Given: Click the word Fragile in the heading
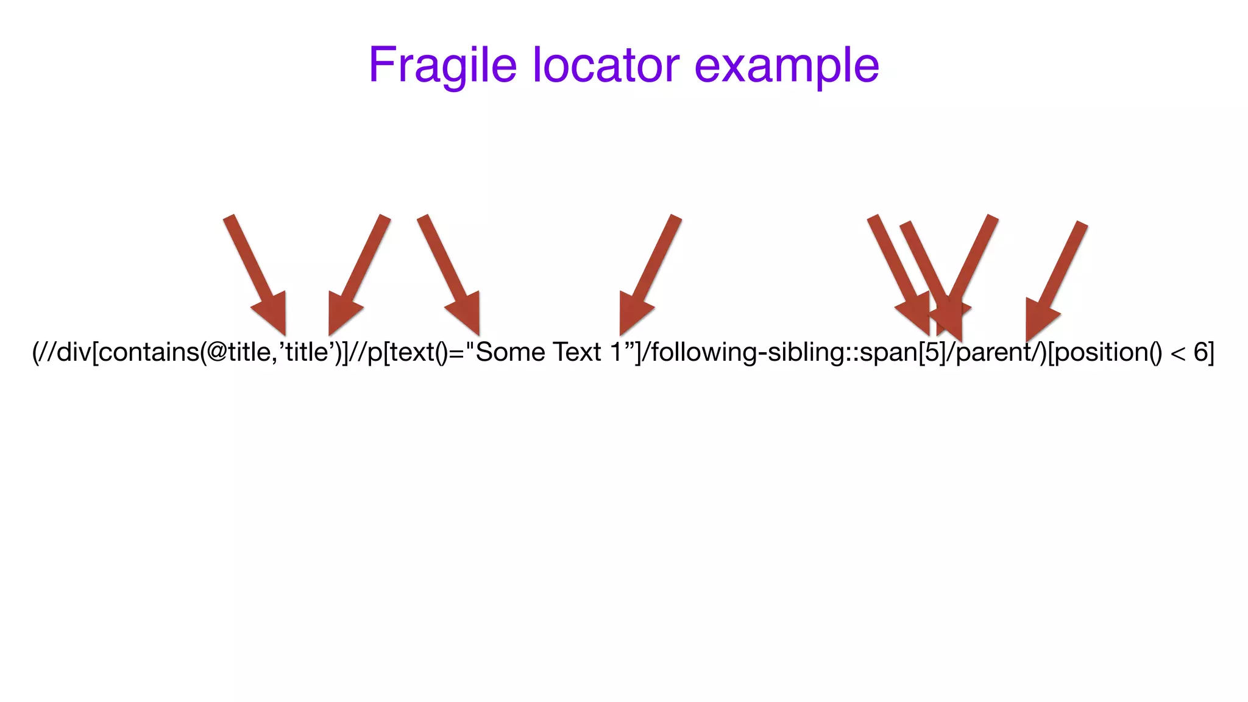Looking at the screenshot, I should (x=442, y=66).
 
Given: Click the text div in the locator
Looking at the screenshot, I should (x=73, y=352).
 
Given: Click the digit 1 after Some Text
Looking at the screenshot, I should (x=616, y=352).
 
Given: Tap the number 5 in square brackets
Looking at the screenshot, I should (x=932, y=352).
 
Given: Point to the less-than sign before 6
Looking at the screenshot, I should (x=1177, y=352).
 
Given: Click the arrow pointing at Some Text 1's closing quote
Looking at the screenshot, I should (x=650, y=274).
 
